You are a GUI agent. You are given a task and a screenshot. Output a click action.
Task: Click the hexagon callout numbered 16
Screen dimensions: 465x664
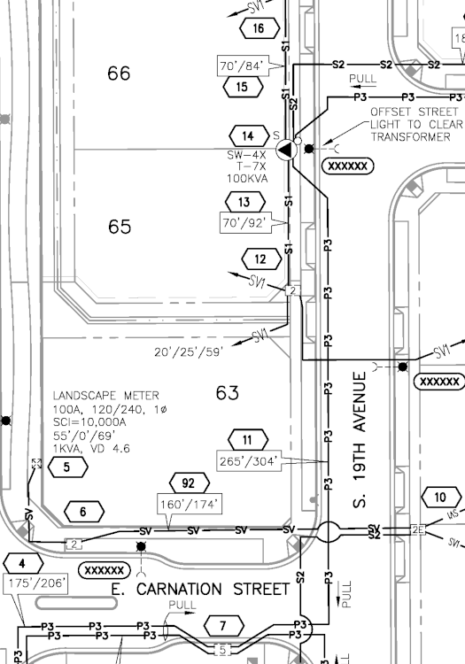(260, 28)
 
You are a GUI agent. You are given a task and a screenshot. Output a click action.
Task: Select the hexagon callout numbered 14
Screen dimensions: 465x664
(249, 136)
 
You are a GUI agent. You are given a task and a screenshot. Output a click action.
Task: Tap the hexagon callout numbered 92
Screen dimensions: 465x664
(189, 483)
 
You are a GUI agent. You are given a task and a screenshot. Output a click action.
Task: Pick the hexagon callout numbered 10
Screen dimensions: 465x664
(441, 497)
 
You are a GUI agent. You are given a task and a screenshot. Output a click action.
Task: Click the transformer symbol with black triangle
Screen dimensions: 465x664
(287, 150)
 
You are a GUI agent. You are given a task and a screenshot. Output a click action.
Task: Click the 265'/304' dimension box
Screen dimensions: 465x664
(249, 460)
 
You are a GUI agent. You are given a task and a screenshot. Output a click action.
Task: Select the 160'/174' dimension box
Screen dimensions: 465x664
(190, 504)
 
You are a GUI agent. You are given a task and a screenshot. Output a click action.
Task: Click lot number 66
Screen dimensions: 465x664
(119, 73)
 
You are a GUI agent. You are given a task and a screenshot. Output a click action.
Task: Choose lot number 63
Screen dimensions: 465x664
(228, 393)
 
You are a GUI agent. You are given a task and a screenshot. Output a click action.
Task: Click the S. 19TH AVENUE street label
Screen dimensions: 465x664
(359, 439)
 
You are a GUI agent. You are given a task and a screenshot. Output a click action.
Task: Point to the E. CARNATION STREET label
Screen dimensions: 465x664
(200, 589)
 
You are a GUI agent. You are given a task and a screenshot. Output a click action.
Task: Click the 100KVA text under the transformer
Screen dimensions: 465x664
(247, 178)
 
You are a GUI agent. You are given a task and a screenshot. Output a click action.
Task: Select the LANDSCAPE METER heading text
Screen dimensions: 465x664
(106, 396)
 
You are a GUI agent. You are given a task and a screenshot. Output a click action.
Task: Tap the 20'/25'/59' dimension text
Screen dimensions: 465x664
(189, 351)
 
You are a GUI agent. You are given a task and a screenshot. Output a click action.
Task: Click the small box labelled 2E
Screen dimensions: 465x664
(417, 529)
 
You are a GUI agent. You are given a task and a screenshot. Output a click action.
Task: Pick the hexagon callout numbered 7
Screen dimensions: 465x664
(224, 625)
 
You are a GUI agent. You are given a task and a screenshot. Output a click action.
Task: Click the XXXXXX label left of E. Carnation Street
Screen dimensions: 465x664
(105, 570)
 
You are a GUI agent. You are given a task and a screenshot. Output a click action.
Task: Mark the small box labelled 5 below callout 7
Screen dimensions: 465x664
(223, 649)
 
